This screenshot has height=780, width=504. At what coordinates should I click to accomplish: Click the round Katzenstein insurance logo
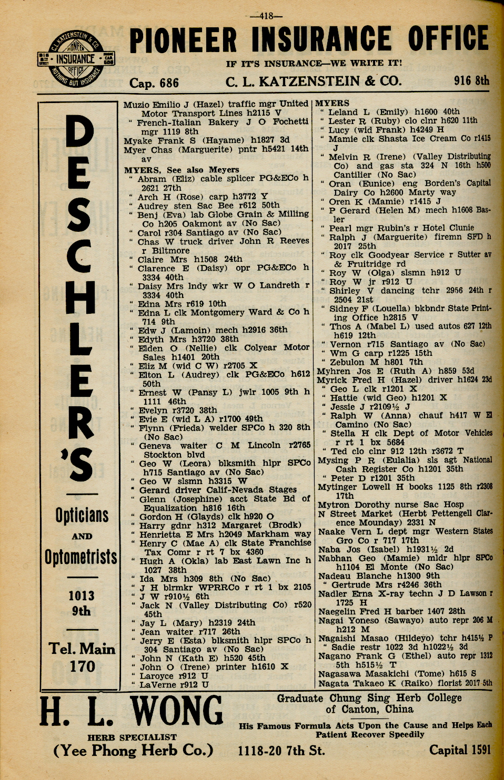pyautogui.click(x=77, y=60)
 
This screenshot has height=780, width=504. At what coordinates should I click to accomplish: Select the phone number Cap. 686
pyautogui.click(x=154, y=83)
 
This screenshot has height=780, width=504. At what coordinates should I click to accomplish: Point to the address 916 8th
pyautogui.click(x=471, y=81)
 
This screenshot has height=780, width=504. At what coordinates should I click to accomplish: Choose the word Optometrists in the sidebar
pyautogui.click(x=80, y=557)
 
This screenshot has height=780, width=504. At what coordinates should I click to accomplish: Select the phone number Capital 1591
pyautogui.click(x=460, y=750)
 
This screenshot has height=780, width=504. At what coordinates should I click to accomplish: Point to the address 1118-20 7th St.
pyautogui.click(x=281, y=750)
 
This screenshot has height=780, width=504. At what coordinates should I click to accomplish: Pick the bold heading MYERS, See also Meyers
pyautogui.click(x=182, y=170)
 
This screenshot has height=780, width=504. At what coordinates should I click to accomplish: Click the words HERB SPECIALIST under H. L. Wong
pyautogui.click(x=132, y=737)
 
